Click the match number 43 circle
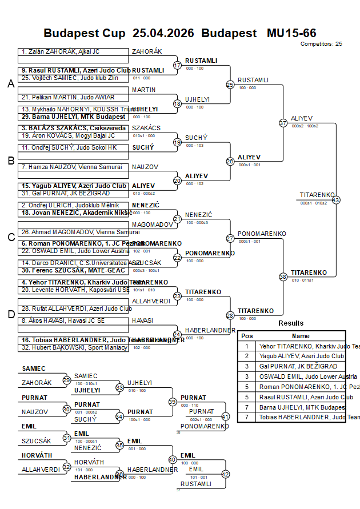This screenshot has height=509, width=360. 335,200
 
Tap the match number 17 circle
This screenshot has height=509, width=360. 177,65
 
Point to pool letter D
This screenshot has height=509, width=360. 10,314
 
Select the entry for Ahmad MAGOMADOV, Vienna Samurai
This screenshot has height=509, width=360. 73,232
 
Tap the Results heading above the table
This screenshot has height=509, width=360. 291,323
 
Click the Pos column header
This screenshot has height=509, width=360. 247,336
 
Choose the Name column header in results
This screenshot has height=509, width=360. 301,336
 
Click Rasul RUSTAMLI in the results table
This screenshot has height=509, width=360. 301,397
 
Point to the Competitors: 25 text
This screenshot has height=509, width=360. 321,43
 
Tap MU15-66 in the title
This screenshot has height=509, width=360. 291,33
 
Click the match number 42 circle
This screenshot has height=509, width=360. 225,474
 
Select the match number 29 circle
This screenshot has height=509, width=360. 67,380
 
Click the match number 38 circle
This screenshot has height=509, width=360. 283,276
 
